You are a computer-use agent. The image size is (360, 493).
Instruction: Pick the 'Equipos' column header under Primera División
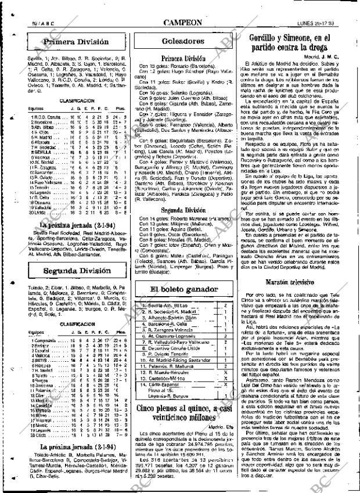tap(19, 107)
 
